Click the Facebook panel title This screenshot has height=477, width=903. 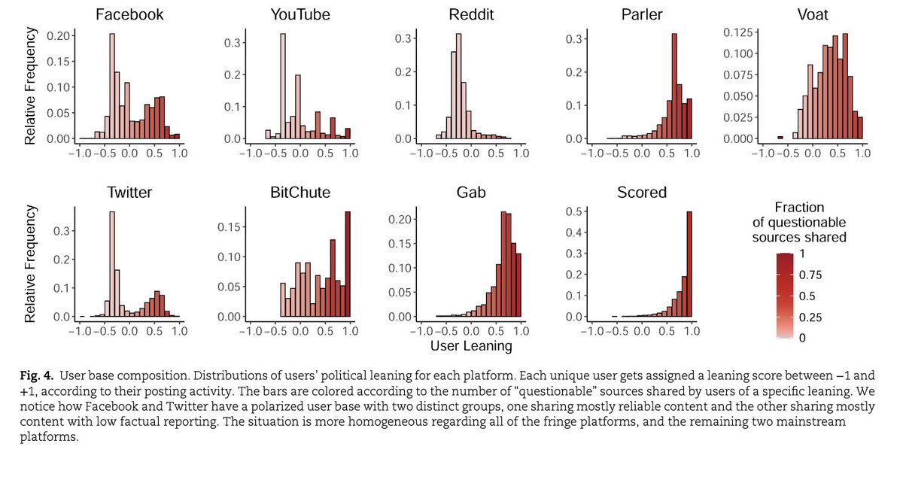(129, 14)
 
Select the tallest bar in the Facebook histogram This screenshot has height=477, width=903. (111, 87)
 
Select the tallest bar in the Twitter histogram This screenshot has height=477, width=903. (111, 264)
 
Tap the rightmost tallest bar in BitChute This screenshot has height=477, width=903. (348, 264)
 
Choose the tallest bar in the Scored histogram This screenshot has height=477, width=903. (689, 264)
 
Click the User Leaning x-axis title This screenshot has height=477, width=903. (471, 346)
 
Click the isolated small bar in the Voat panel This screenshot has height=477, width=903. (780, 138)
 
